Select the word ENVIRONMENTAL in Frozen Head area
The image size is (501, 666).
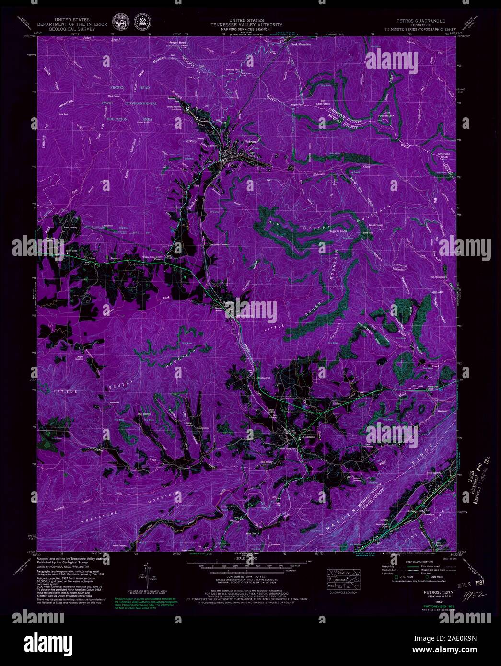tap(142, 103)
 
